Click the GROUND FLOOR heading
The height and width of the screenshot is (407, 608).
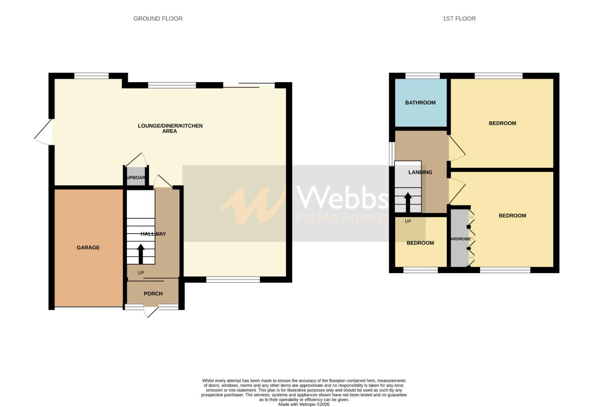tap(158, 18)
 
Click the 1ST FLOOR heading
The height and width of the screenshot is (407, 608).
tap(459, 18)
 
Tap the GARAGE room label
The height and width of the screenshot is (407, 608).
tap(88, 248)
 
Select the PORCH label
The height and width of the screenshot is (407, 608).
tap(153, 294)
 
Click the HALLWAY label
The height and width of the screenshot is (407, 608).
tap(153, 234)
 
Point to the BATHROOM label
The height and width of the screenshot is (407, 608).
tap(420, 103)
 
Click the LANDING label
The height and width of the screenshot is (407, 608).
tap(420, 172)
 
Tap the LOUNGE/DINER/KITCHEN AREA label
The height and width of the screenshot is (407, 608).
tap(170, 128)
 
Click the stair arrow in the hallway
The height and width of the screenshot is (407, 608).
tap(141, 254)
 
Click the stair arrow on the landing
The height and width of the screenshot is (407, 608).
tap(407, 203)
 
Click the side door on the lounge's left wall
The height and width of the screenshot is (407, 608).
tap(43, 132)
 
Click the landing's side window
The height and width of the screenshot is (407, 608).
tap(392, 154)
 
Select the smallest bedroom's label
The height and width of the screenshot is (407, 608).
tap(420, 243)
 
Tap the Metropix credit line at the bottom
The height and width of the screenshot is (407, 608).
tap(304, 404)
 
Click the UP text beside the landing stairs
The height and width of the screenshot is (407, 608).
tap(407, 221)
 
